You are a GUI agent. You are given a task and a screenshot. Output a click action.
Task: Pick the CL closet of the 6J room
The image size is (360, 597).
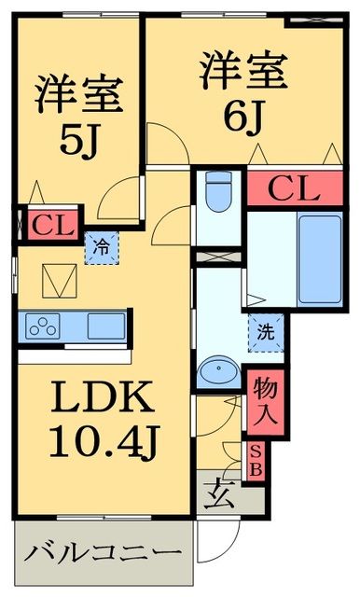tap(294, 189)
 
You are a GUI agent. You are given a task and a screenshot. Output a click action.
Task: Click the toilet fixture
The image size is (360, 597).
tap(217, 194)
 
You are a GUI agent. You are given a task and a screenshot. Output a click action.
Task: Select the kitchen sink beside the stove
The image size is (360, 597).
tap(105, 326)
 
